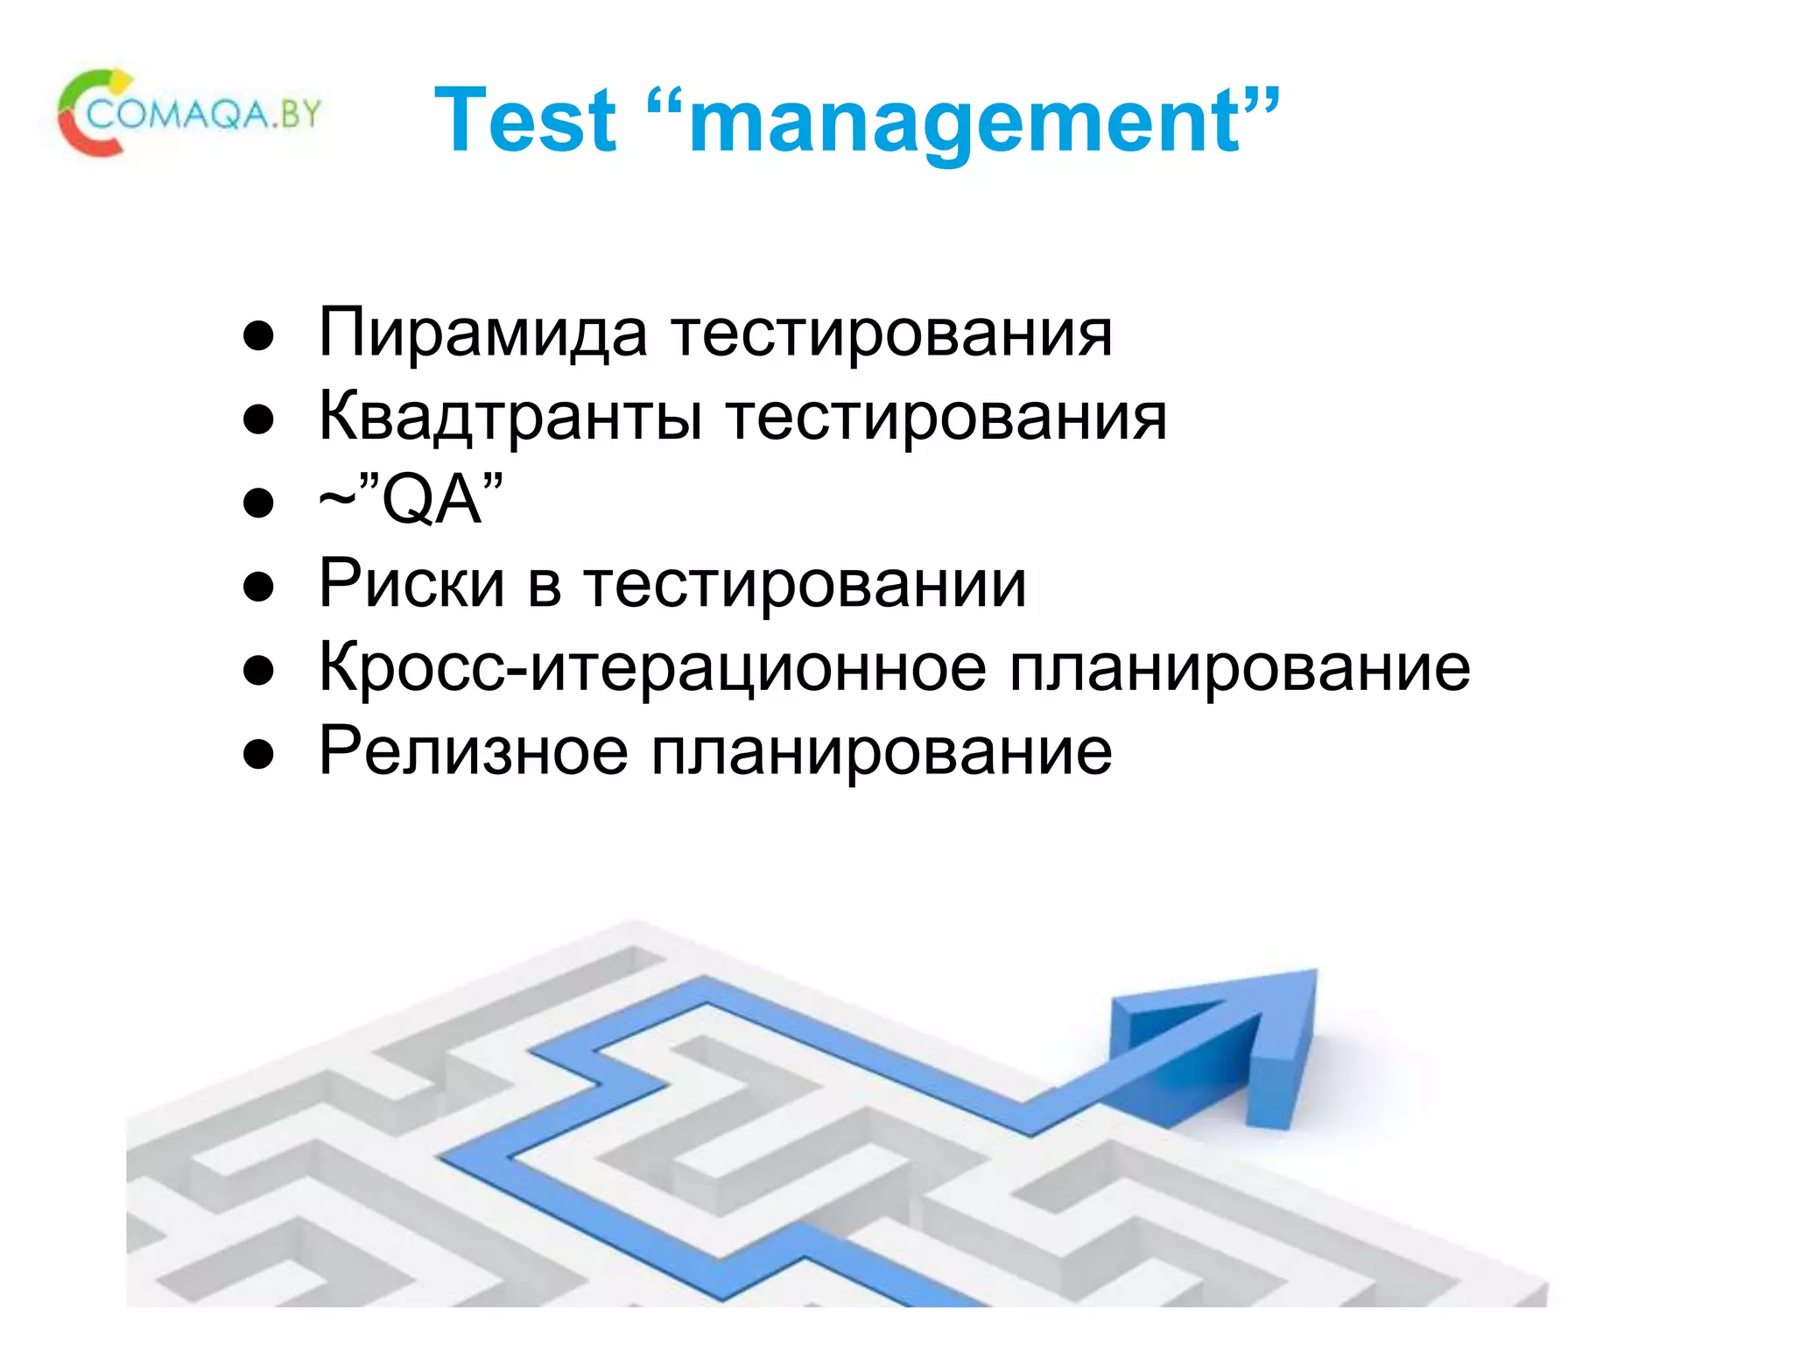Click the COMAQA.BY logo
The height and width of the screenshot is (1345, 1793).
tap(189, 114)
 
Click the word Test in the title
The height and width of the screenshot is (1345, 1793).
tap(525, 121)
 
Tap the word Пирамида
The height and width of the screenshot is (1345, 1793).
tap(483, 334)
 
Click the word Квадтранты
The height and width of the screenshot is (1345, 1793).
tap(510, 417)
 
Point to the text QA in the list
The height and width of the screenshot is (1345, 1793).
tap(432, 501)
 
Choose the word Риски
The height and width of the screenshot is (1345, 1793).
tap(411, 584)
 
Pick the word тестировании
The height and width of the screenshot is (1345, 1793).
tap(805, 586)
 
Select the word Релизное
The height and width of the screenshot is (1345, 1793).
tap(473, 752)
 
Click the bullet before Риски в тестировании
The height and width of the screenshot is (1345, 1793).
tap(259, 588)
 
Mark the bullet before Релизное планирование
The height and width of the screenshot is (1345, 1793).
tap(259, 755)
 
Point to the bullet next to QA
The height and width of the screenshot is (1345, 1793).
tap(259, 504)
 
